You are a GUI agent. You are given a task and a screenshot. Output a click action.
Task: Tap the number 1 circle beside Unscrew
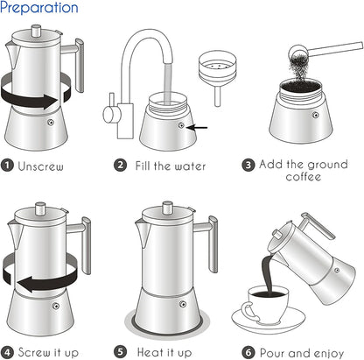pos(8,165)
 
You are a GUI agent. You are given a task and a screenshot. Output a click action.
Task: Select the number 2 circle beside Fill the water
pos(121,165)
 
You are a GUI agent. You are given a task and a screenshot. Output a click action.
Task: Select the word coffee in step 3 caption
pos(304,177)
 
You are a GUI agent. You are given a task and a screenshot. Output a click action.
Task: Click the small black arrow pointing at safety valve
pos(199,127)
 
